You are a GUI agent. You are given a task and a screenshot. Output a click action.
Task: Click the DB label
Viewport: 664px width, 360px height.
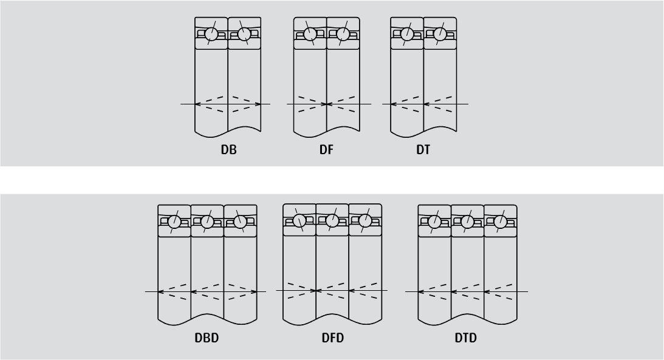click(228, 150)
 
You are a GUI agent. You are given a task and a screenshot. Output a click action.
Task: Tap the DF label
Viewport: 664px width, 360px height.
click(326, 150)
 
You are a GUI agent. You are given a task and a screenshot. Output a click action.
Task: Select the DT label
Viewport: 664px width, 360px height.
click(423, 150)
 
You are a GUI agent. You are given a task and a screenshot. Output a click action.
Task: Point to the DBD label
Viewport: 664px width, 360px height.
click(207, 338)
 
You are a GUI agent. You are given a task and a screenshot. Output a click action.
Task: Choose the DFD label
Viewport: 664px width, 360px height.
click(333, 338)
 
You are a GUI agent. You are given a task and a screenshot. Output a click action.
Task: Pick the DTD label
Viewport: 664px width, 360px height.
click(466, 338)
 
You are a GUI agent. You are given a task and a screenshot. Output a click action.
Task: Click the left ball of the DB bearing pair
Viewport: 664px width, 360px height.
click(211, 33)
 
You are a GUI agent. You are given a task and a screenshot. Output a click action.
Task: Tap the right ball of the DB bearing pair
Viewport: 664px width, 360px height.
click(244, 33)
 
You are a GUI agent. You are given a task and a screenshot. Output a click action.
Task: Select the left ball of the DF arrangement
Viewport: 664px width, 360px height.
click(310, 33)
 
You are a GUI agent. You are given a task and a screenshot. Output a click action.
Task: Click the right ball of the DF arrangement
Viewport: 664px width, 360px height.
click(343, 33)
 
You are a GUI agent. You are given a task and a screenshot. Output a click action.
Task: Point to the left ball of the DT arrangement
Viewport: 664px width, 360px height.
click(407, 33)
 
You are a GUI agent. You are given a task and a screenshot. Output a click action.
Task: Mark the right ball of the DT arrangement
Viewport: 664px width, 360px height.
click(440, 33)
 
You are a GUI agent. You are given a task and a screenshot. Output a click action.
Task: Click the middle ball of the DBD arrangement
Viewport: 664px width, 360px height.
click(207, 221)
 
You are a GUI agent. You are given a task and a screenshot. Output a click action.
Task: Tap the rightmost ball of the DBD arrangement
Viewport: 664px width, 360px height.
click(240, 221)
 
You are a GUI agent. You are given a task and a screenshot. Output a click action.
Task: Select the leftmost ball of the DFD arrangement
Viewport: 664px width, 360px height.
click(299, 220)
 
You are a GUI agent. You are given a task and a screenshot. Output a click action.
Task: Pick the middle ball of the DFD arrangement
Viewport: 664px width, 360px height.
click(332, 220)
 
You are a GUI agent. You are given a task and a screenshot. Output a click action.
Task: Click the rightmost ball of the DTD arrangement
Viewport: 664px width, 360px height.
click(501, 221)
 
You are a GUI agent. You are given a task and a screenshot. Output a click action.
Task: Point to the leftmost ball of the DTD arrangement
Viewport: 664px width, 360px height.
click(434, 221)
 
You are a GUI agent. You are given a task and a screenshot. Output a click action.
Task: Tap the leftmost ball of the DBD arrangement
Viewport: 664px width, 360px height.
click(174, 221)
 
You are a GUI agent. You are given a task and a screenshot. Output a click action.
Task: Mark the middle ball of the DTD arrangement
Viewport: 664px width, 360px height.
click(468, 221)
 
